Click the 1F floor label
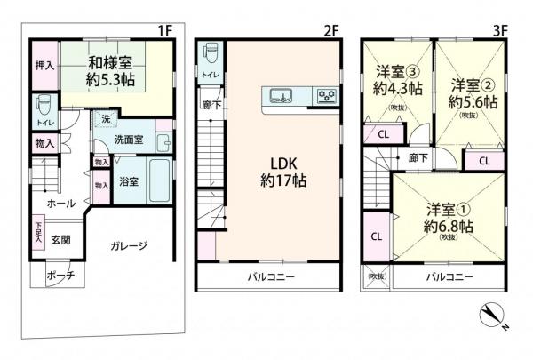click(x=163, y=29)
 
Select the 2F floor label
click(x=331, y=29)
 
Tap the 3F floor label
click(x=499, y=29)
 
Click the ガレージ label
click(x=129, y=245)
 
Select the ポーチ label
click(x=60, y=275)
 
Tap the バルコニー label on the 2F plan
click(x=269, y=276)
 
